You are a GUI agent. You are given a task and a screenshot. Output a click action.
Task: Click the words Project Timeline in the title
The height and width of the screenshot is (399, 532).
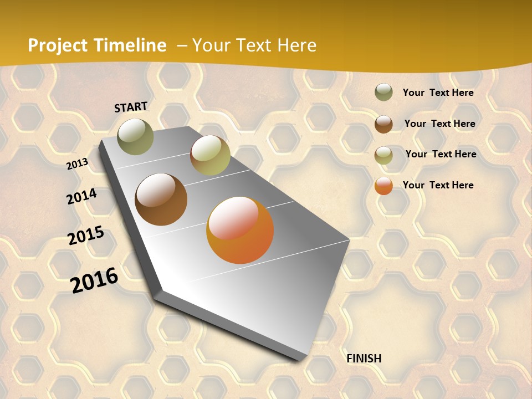pyautogui.click(x=97, y=45)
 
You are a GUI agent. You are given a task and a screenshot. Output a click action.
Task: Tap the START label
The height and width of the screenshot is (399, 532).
pyautogui.click(x=131, y=107)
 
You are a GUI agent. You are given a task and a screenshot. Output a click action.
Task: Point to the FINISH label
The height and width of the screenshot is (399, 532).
pyautogui.click(x=364, y=359)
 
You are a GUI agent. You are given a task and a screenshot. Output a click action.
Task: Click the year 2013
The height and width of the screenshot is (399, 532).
pyautogui.click(x=78, y=164)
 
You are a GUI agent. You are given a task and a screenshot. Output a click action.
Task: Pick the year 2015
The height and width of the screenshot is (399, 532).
pyautogui.click(x=86, y=236)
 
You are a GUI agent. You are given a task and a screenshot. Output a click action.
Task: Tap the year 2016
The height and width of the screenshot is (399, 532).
pyautogui.click(x=94, y=280)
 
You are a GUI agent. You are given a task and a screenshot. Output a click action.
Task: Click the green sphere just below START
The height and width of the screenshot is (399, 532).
pyautogui.click(x=135, y=136)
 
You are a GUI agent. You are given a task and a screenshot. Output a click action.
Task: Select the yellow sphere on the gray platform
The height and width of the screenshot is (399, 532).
pyautogui.click(x=210, y=155)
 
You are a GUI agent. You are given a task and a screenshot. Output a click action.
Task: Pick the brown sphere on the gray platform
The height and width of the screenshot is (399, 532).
pyautogui.click(x=161, y=199)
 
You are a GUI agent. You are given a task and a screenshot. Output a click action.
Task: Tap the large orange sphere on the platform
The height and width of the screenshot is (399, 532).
pyautogui.click(x=240, y=230)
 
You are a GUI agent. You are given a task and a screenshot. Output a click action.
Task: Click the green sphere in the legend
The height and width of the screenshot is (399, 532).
pyautogui.click(x=383, y=93)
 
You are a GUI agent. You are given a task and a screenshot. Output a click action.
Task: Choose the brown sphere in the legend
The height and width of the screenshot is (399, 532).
pyautogui.click(x=383, y=124)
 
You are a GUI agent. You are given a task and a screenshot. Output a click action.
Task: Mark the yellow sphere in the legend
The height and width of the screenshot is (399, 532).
pyautogui.click(x=383, y=155)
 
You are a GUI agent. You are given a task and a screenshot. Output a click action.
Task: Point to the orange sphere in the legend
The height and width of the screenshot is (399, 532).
pyautogui.click(x=383, y=186)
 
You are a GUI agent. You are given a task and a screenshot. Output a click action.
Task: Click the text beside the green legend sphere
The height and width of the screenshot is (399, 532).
pyautogui.click(x=438, y=93)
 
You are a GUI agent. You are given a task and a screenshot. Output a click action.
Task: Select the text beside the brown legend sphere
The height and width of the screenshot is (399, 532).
pyautogui.click(x=440, y=124)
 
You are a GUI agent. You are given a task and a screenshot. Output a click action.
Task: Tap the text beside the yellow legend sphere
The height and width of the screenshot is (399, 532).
pyautogui.click(x=441, y=154)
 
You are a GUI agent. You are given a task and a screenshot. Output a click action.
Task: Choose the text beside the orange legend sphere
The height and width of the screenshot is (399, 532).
pyautogui.click(x=438, y=185)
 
